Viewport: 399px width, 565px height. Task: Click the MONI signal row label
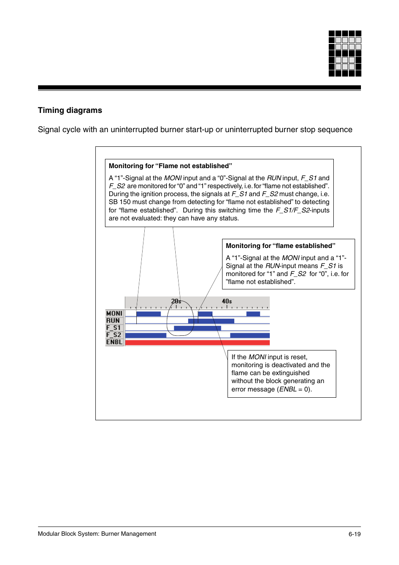pyautogui.click(x=114, y=313)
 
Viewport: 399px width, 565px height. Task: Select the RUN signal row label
pyautogui.click(x=113, y=321)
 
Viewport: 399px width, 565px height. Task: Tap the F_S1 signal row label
pyautogui.click(x=113, y=328)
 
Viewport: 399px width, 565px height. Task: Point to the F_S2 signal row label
pyautogui.click(x=114, y=335)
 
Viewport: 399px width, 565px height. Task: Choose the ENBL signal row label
pyautogui.click(x=114, y=342)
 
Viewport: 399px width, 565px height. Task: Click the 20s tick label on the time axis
pyautogui.click(x=176, y=301)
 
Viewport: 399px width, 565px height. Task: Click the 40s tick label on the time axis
pyautogui.click(x=227, y=301)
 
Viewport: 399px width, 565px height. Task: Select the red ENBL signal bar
pyautogui.click(x=197, y=343)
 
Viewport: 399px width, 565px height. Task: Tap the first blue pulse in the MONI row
pyautogui.click(x=148, y=314)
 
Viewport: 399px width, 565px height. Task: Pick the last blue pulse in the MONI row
pyautogui.click(x=253, y=314)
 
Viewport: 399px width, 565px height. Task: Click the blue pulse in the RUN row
pyautogui.click(x=211, y=321)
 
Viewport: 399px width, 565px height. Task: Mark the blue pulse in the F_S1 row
pyautogui.click(x=197, y=328)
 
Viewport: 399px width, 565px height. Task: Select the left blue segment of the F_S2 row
pyautogui.click(x=146, y=335)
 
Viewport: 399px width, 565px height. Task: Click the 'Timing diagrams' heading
pyautogui.click(x=70, y=110)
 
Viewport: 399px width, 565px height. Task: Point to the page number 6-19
pyautogui.click(x=354, y=534)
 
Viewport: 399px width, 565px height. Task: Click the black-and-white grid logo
pyautogui.click(x=345, y=54)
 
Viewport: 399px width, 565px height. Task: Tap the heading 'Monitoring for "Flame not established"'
pyautogui.click(x=170, y=166)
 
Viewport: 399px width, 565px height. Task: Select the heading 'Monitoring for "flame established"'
pyautogui.click(x=280, y=246)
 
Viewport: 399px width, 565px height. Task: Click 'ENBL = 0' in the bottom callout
pyautogui.click(x=294, y=389)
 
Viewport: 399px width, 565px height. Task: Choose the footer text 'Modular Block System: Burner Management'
pyautogui.click(x=97, y=534)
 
